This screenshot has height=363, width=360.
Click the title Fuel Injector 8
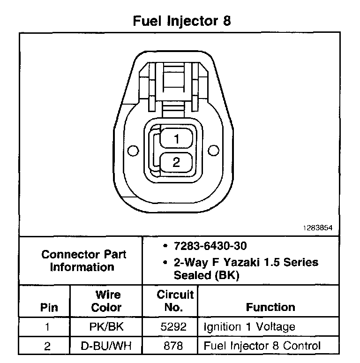[x=182, y=22]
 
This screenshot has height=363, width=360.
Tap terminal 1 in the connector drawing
[x=176, y=139]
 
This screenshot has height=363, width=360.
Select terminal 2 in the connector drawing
[x=176, y=162]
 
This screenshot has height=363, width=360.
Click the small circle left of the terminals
[x=134, y=151]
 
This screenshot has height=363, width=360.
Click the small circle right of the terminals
[x=213, y=151]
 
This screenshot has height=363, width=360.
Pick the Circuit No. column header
[x=175, y=301]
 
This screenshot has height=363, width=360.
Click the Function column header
[x=270, y=308]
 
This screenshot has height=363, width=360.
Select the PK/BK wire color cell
[x=106, y=326]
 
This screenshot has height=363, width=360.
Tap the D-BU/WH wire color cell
[x=106, y=346]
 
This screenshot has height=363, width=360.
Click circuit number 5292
[x=174, y=326]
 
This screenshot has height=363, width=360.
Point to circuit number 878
[x=174, y=346]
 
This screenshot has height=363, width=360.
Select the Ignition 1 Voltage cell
[x=249, y=326]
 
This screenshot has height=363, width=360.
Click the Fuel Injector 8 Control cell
[x=262, y=346]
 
